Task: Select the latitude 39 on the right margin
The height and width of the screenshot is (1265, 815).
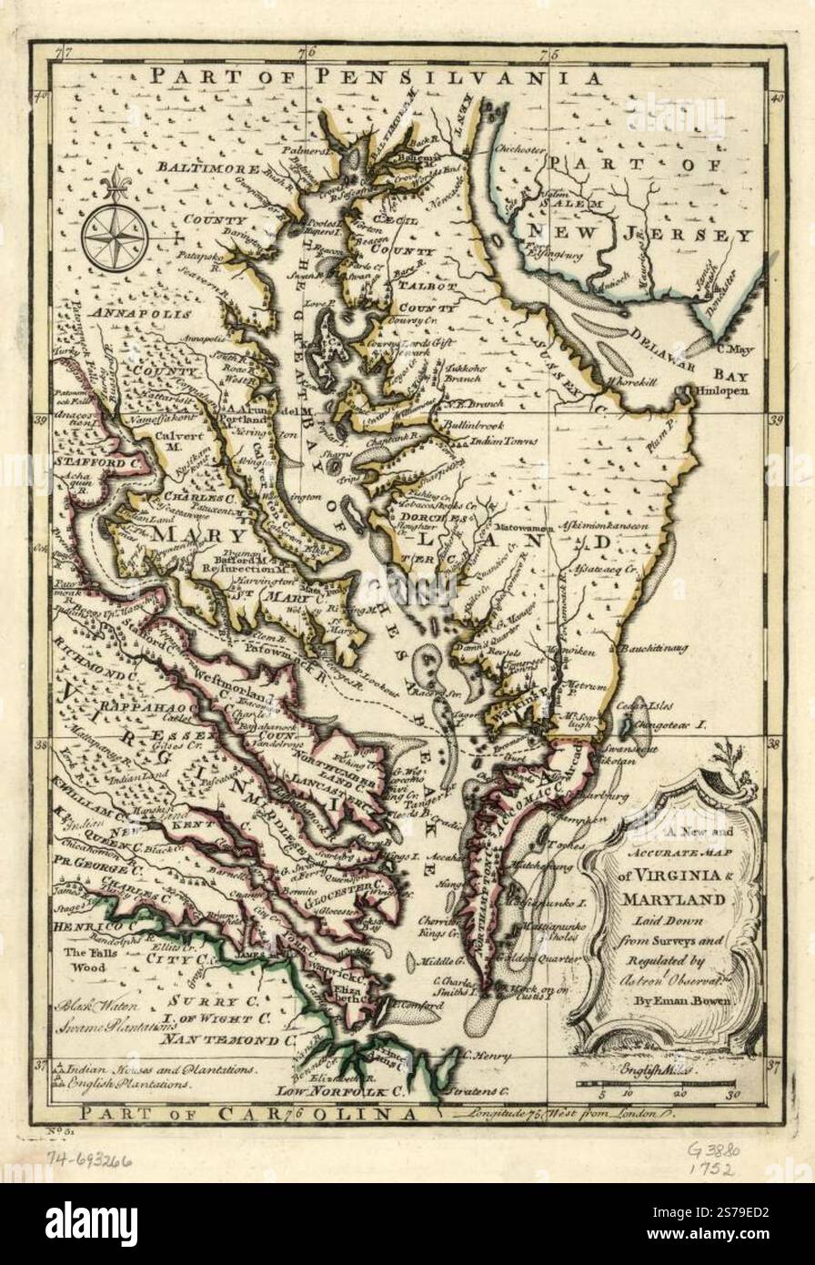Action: [776, 420]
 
